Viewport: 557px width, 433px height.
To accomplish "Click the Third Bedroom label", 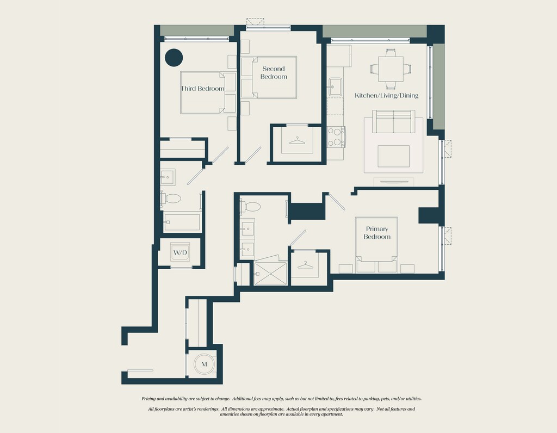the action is pyautogui.click(x=202, y=89).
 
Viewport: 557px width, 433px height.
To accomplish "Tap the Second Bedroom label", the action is pyautogui.click(x=274, y=72).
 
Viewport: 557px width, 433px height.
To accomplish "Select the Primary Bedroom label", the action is pyautogui.click(x=377, y=233).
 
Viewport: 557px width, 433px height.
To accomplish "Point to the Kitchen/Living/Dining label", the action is pyautogui.click(x=387, y=95).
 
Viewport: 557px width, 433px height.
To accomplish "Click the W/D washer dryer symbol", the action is pyautogui.click(x=180, y=252).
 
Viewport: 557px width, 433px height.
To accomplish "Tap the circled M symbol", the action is pyautogui.click(x=205, y=364).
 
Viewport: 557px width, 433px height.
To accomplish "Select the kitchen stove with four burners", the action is pyautogui.click(x=336, y=137).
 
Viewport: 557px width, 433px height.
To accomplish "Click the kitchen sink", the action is pyautogui.click(x=335, y=87).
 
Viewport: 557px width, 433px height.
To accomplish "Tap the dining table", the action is pyautogui.click(x=391, y=69).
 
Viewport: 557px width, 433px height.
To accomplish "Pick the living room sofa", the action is pyautogui.click(x=394, y=122).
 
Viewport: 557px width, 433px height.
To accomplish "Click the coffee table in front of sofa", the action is pyautogui.click(x=394, y=156).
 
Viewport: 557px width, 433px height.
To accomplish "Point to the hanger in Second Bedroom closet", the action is pyautogui.click(x=297, y=141).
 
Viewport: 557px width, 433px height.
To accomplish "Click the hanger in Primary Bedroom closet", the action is pyautogui.click(x=305, y=265).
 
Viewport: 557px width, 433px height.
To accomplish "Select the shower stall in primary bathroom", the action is pyautogui.click(x=271, y=274).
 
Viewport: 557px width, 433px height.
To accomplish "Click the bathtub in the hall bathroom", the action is pyautogui.click(x=182, y=222).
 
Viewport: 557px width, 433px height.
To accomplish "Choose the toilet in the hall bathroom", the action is pyautogui.click(x=171, y=198).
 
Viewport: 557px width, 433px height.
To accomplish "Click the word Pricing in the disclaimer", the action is pyautogui.click(x=149, y=399).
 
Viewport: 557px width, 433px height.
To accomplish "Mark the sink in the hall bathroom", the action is pyautogui.click(x=167, y=177).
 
